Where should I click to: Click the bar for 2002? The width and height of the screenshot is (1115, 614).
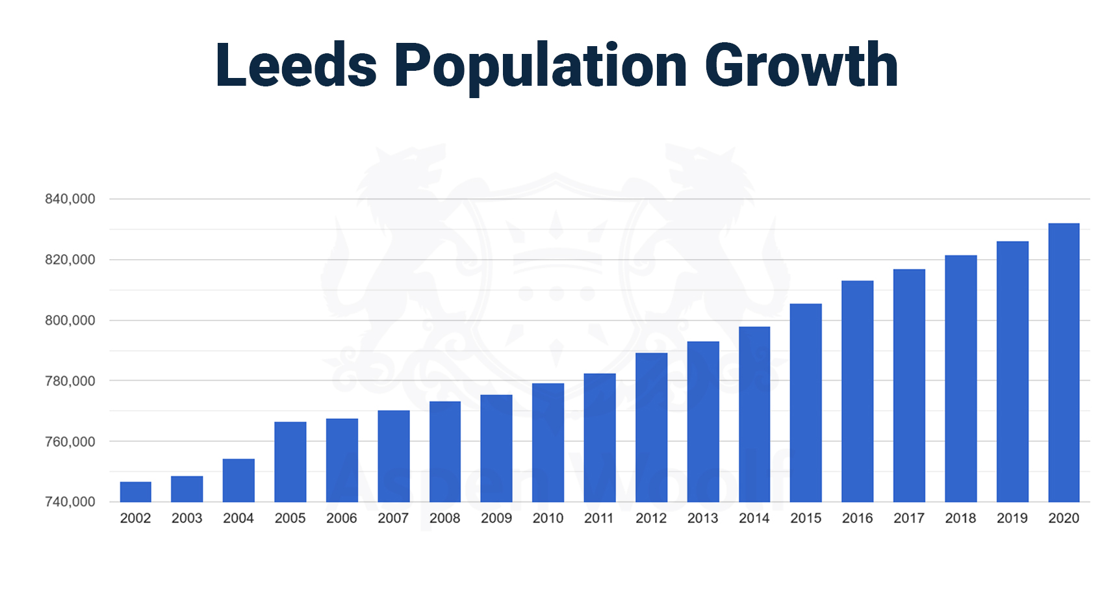point(135,492)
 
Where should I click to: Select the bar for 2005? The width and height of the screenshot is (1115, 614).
point(290,462)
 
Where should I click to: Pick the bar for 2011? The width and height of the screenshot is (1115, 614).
point(599,438)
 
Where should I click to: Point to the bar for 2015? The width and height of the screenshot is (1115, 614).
point(806,403)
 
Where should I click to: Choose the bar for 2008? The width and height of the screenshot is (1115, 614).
point(445,452)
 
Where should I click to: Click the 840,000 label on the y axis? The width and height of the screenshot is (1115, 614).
point(70,199)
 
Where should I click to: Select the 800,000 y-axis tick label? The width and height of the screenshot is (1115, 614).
point(70,320)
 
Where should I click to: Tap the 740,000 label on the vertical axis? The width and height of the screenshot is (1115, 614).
point(70,502)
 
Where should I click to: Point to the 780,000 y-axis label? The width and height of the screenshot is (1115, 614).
point(70,381)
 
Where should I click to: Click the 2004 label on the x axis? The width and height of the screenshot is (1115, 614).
point(238,518)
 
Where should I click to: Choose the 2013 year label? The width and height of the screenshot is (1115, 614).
point(702,518)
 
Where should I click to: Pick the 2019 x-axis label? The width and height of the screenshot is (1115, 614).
point(1012,518)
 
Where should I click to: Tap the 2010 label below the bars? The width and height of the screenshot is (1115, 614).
point(548,518)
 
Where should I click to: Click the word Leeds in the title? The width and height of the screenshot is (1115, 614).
point(296,65)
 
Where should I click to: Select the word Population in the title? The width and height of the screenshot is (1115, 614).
point(541,66)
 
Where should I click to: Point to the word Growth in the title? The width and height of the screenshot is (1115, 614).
point(801,65)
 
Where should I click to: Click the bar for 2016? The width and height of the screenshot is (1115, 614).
point(857,391)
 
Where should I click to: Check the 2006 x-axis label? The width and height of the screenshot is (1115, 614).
point(342,518)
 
